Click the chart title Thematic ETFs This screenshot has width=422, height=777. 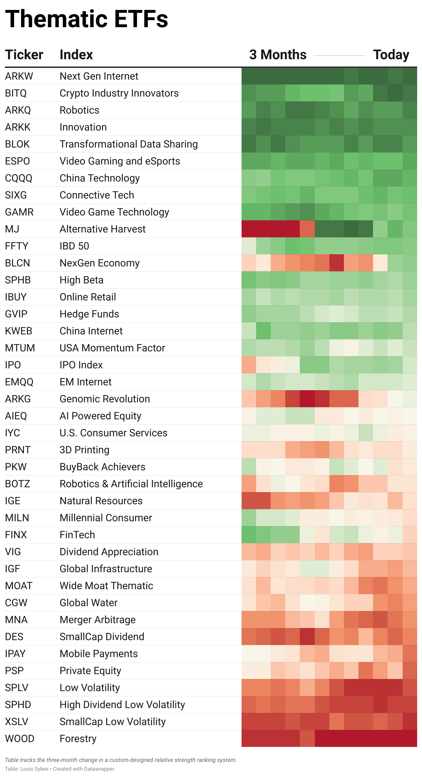(87, 19)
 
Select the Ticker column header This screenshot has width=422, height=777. (24, 55)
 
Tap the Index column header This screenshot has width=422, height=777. (76, 55)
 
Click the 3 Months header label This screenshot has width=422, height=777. (278, 55)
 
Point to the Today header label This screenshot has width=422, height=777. (391, 55)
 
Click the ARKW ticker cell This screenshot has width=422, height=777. (19, 76)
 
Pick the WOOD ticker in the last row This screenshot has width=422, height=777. (20, 738)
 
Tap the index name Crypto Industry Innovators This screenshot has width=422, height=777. (119, 93)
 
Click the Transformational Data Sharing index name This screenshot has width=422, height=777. (129, 144)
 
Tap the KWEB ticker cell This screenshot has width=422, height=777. (18, 331)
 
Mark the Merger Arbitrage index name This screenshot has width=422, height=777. (98, 620)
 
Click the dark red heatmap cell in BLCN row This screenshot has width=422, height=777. (336, 263)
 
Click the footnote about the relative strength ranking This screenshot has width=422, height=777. (121, 760)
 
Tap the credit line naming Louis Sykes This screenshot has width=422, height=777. (60, 769)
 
